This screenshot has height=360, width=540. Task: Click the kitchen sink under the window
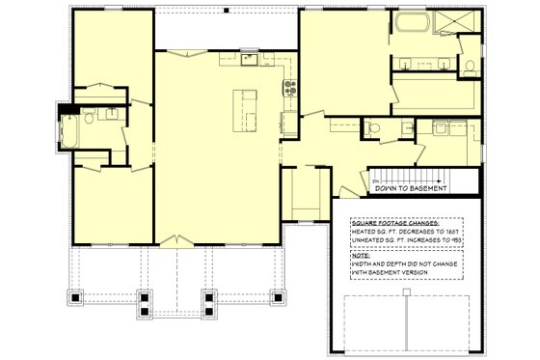[x=248, y=60]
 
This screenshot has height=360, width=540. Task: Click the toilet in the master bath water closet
[x=468, y=67]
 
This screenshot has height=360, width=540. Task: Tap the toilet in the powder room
[x=375, y=125]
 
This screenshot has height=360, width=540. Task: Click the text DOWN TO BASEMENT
[x=411, y=189]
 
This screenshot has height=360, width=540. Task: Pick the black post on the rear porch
[x=226, y=10]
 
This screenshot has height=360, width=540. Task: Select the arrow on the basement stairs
[x=376, y=179]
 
